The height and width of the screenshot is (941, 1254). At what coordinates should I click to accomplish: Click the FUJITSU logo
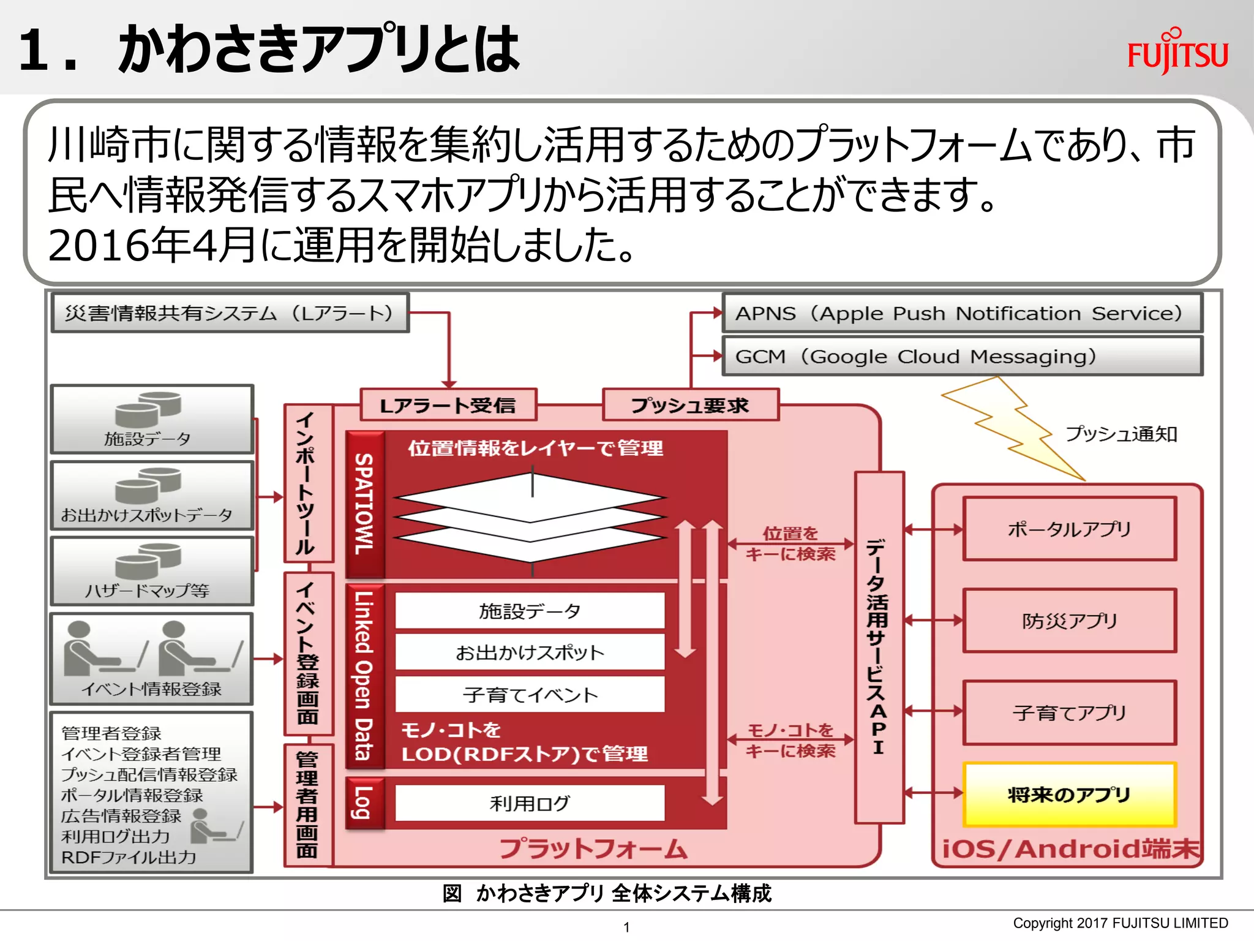click(x=1177, y=51)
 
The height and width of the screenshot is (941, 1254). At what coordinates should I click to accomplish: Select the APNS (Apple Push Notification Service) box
click(x=962, y=313)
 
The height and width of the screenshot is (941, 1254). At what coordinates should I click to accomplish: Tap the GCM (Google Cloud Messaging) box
click(x=962, y=356)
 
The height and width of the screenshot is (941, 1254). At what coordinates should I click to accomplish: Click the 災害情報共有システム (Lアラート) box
click(x=230, y=313)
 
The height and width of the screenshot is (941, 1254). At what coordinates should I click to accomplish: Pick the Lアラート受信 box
click(x=448, y=405)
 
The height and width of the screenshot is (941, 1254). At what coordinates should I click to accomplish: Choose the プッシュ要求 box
click(x=690, y=405)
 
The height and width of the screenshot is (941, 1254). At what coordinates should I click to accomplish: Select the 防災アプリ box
click(x=1069, y=621)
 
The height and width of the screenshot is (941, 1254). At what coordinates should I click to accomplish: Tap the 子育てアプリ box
click(x=1069, y=712)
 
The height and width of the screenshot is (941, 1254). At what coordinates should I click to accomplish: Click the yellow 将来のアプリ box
click(x=1069, y=795)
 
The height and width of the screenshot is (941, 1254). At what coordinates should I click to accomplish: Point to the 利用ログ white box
click(x=530, y=803)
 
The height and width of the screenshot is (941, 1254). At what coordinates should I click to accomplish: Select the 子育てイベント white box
click(x=530, y=695)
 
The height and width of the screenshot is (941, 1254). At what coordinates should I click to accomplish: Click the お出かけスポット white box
click(x=530, y=652)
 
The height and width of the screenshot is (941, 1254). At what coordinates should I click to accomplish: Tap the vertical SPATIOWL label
click(x=365, y=504)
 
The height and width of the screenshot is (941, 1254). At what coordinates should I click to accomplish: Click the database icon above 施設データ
click(x=148, y=409)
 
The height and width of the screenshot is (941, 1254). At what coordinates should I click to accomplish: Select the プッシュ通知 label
click(x=1121, y=434)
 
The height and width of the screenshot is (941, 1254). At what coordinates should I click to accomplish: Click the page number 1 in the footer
click(x=626, y=927)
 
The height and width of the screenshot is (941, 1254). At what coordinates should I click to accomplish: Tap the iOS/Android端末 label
click(x=1070, y=849)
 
